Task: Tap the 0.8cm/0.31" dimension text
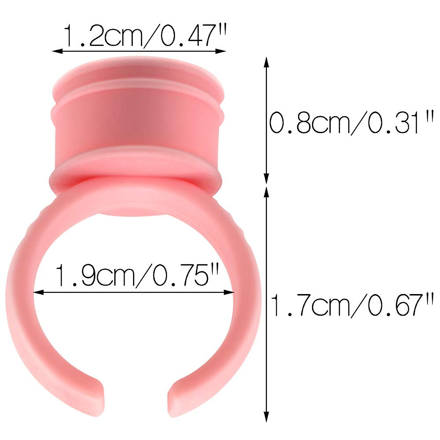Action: pyautogui.click(x=351, y=124)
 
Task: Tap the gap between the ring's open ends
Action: pyautogui.click(x=136, y=398)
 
